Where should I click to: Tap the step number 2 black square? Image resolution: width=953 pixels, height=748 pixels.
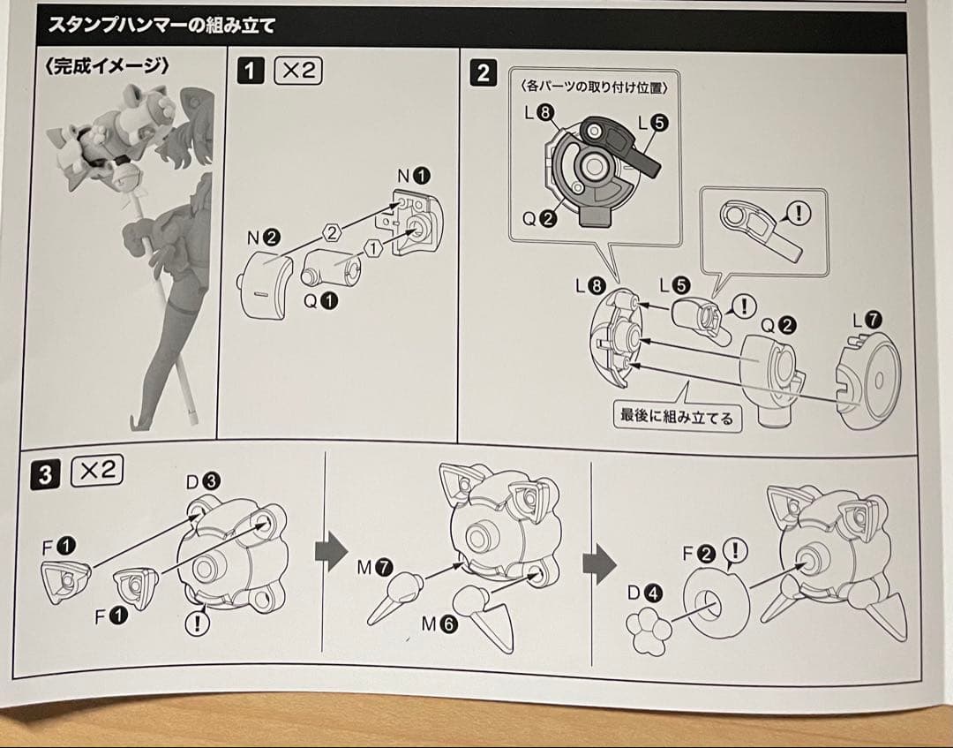pyautogui.click(x=482, y=73)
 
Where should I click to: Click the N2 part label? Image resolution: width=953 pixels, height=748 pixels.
pyautogui.click(x=263, y=237)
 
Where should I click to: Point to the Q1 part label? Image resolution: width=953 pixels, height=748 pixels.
pyautogui.click(x=320, y=301)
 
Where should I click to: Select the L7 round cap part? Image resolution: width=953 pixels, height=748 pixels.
pyautogui.click(x=868, y=380)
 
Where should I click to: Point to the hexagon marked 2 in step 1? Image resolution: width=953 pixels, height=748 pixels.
pyautogui.click(x=331, y=233)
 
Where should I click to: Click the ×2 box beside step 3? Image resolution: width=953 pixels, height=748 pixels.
pyautogui.click(x=96, y=471)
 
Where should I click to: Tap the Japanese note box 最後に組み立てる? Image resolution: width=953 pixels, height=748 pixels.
pyautogui.click(x=677, y=417)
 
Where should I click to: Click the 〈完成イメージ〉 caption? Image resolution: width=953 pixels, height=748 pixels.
pyautogui.click(x=106, y=67)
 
